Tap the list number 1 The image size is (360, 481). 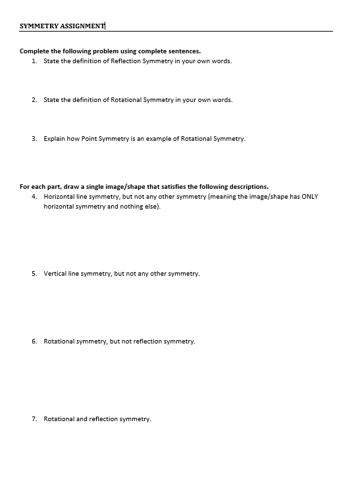click(x=34, y=61)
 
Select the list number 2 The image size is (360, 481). click(x=34, y=100)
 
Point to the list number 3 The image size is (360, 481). click(x=34, y=139)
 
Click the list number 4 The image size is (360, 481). click(x=34, y=196)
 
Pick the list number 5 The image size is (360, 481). click(x=34, y=273)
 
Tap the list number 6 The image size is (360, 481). click(x=34, y=342)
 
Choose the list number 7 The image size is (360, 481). click(x=34, y=418)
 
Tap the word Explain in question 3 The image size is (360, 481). click(x=54, y=139)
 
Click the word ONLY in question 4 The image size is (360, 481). click(x=310, y=196)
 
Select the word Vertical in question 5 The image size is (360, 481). click(x=55, y=273)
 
